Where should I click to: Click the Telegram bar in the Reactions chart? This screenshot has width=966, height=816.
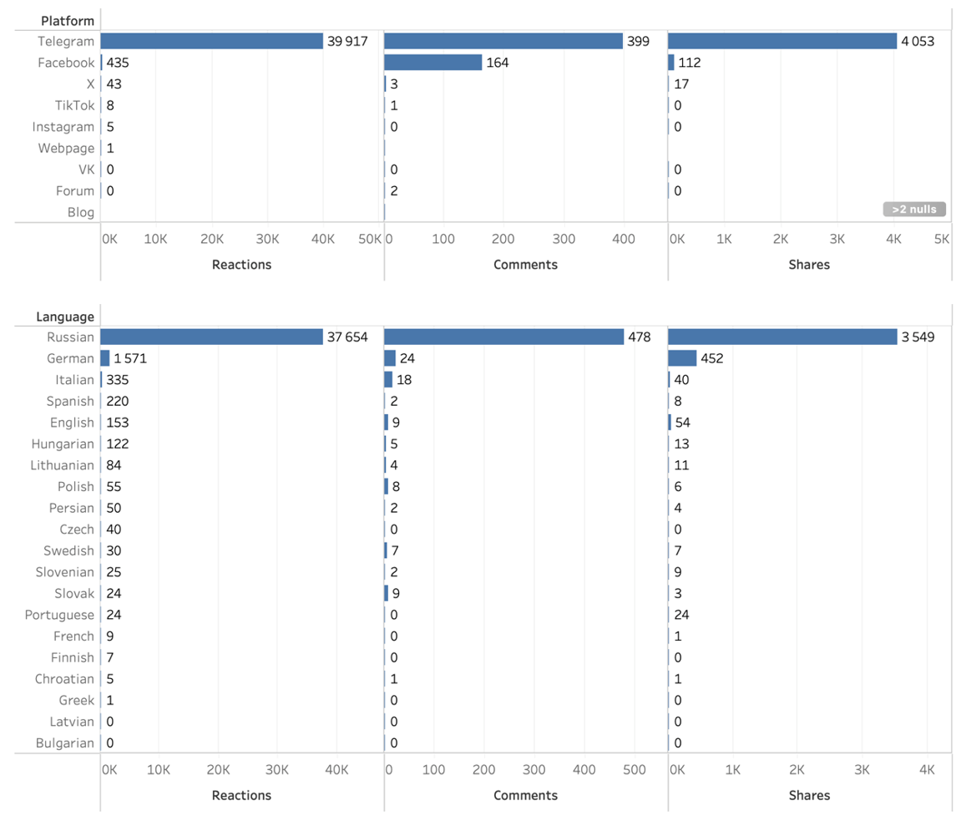211,41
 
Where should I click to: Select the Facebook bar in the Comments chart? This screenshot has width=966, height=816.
433,63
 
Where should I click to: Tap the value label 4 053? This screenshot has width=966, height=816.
918,41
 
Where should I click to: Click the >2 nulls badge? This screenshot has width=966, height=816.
914,209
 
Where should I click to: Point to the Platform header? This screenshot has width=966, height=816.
68,21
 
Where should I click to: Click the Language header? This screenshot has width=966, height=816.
65,317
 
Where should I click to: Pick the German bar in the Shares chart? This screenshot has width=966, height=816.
682,358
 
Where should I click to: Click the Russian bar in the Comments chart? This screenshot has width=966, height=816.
503,337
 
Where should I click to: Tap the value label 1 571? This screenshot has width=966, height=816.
130,358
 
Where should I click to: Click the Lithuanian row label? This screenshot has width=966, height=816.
63,465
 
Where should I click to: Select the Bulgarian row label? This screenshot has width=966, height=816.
65,743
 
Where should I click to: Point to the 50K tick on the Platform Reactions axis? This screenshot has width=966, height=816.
370,239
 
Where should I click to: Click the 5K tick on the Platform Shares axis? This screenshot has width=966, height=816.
942,239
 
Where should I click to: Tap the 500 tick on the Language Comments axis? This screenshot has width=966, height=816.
634,770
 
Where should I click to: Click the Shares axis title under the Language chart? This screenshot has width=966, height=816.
809,795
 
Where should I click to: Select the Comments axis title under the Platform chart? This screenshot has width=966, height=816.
525,264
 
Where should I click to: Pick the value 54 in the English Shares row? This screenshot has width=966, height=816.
682,423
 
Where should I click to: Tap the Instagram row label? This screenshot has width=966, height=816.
63,127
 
